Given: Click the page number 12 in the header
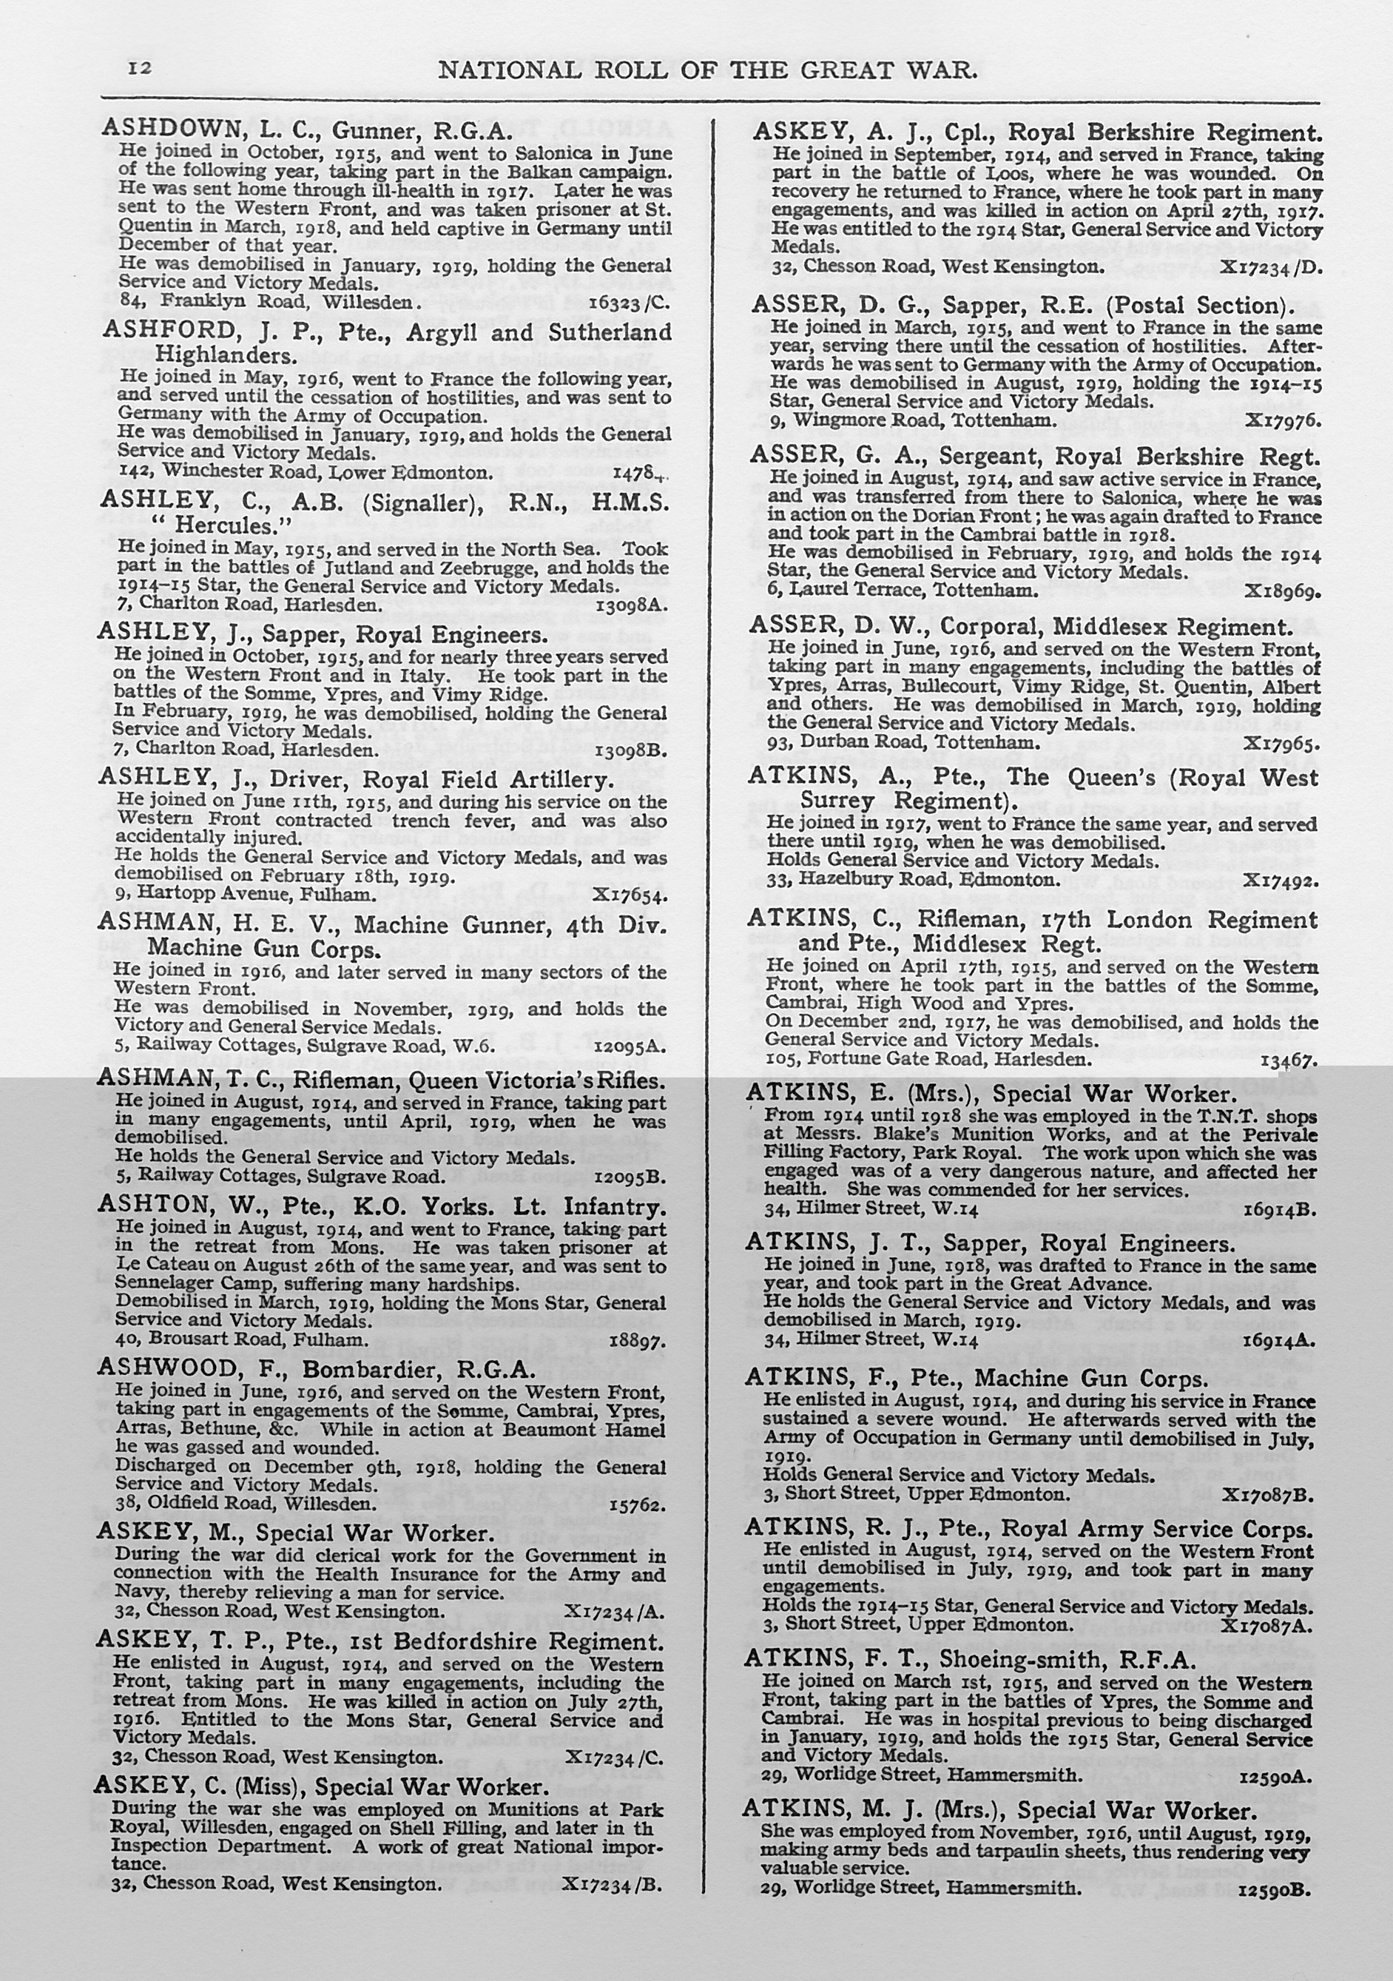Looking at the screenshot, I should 140,68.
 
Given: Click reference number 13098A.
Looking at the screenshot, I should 631,605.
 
